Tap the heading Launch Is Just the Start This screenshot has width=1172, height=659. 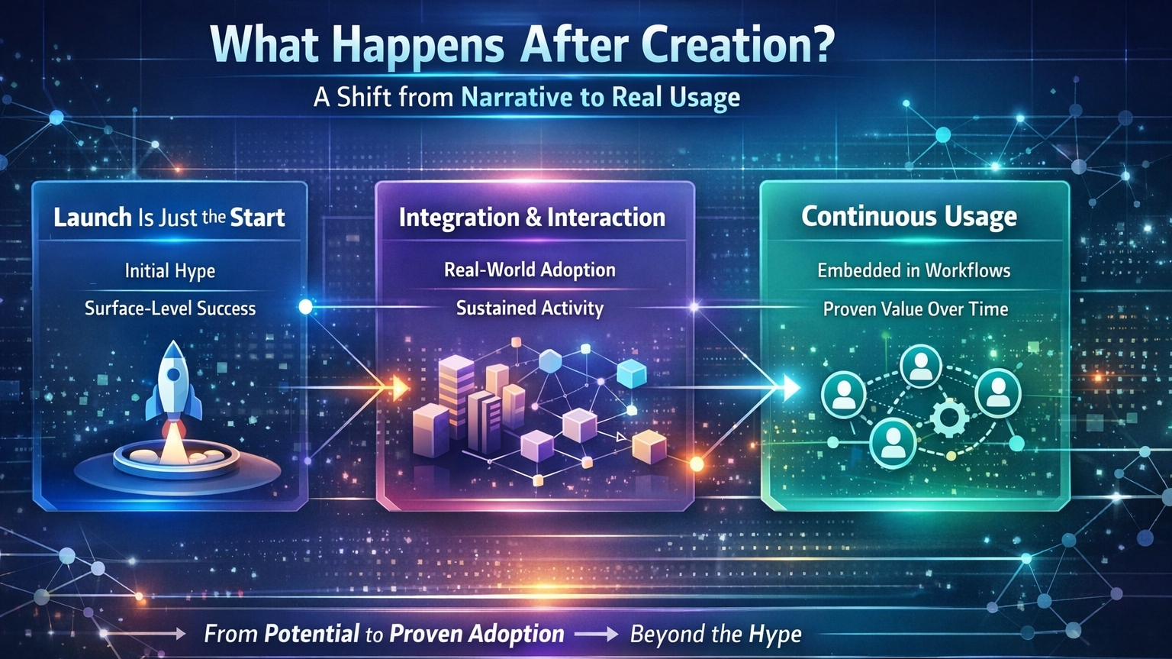click(169, 217)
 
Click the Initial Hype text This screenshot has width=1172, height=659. click(170, 271)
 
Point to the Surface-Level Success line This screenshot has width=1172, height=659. click(170, 308)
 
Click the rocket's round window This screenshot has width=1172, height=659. click(173, 373)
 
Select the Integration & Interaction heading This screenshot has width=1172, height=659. click(532, 217)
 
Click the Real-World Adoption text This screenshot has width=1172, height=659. click(530, 270)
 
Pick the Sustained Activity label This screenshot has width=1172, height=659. click(530, 308)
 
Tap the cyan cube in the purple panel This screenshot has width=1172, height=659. click(632, 373)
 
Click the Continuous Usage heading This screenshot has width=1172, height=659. click(910, 217)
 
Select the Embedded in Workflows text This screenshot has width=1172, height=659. click(913, 270)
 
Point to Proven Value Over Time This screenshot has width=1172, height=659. click(916, 309)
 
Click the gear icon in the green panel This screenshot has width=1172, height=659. click(950, 418)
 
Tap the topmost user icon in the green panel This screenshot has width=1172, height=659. click(921, 366)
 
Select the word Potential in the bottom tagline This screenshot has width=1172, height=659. click(311, 634)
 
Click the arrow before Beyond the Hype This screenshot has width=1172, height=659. click(597, 635)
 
